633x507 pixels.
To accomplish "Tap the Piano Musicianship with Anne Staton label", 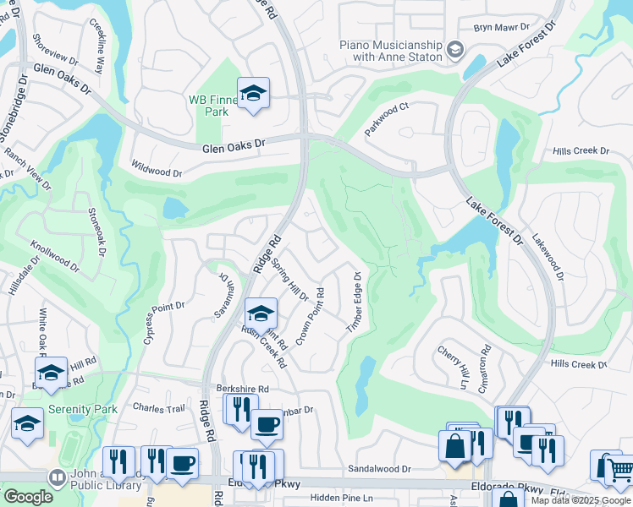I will tap(391, 50).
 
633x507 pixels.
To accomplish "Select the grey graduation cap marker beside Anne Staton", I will tap(455, 51).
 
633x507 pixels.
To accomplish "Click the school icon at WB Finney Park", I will tap(253, 95).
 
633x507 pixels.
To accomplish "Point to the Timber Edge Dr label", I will tap(354, 302).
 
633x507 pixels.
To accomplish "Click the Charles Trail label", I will tap(158, 407).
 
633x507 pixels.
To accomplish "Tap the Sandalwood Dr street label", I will tap(378, 468).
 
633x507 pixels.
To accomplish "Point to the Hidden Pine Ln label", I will tap(341, 499).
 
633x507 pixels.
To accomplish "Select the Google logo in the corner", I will tap(27, 496).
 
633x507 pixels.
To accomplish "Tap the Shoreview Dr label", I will tap(53, 51).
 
